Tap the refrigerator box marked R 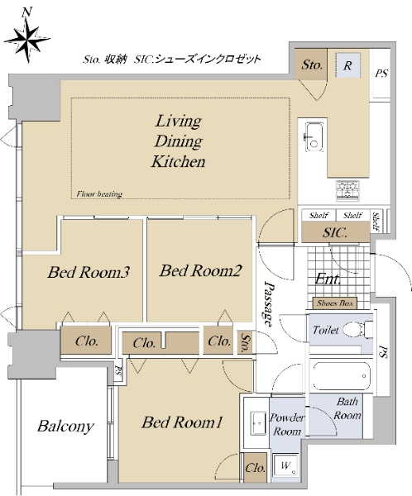pos(347,65)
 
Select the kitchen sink pos(314,136)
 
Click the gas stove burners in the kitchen pos(347,190)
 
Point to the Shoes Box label pos(335,303)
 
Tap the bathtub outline pos(342,376)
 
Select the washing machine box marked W pos(285,466)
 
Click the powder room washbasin pos(259,423)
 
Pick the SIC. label pos(335,233)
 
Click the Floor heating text pos(99,194)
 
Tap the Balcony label pos(65,427)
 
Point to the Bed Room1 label pos(182,422)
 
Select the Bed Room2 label pos(200,270)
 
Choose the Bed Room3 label pos(89,272)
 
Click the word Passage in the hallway pos(269,303)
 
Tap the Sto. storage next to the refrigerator pos(312,64)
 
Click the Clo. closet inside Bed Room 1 pos(255,468)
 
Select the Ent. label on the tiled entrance pos(328,279)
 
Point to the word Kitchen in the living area pos(179,161)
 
